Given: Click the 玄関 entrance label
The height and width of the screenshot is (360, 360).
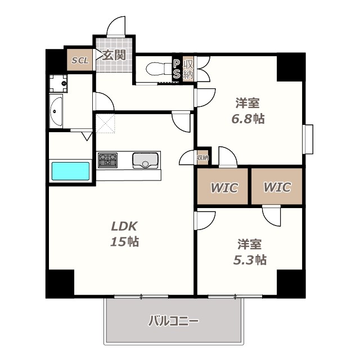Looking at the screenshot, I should pos(114,55).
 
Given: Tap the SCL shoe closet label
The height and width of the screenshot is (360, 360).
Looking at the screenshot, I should pos(79,60).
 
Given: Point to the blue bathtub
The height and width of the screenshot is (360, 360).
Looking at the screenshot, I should pos(71,171).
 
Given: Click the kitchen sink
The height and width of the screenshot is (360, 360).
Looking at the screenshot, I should pos(145,160).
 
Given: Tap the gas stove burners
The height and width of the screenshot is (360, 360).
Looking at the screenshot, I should pos(107,160).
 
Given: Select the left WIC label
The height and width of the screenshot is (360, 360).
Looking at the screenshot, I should pos(224,187).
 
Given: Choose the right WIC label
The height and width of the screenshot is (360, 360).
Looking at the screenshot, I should pos(277,187).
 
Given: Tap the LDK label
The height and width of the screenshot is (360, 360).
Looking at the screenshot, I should pos(124,227).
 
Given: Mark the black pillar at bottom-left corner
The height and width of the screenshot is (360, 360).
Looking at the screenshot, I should pos(60,283).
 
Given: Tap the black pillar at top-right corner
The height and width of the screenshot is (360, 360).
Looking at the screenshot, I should pos(291,67).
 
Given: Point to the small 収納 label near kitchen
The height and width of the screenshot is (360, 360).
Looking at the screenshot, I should pos(202,157).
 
